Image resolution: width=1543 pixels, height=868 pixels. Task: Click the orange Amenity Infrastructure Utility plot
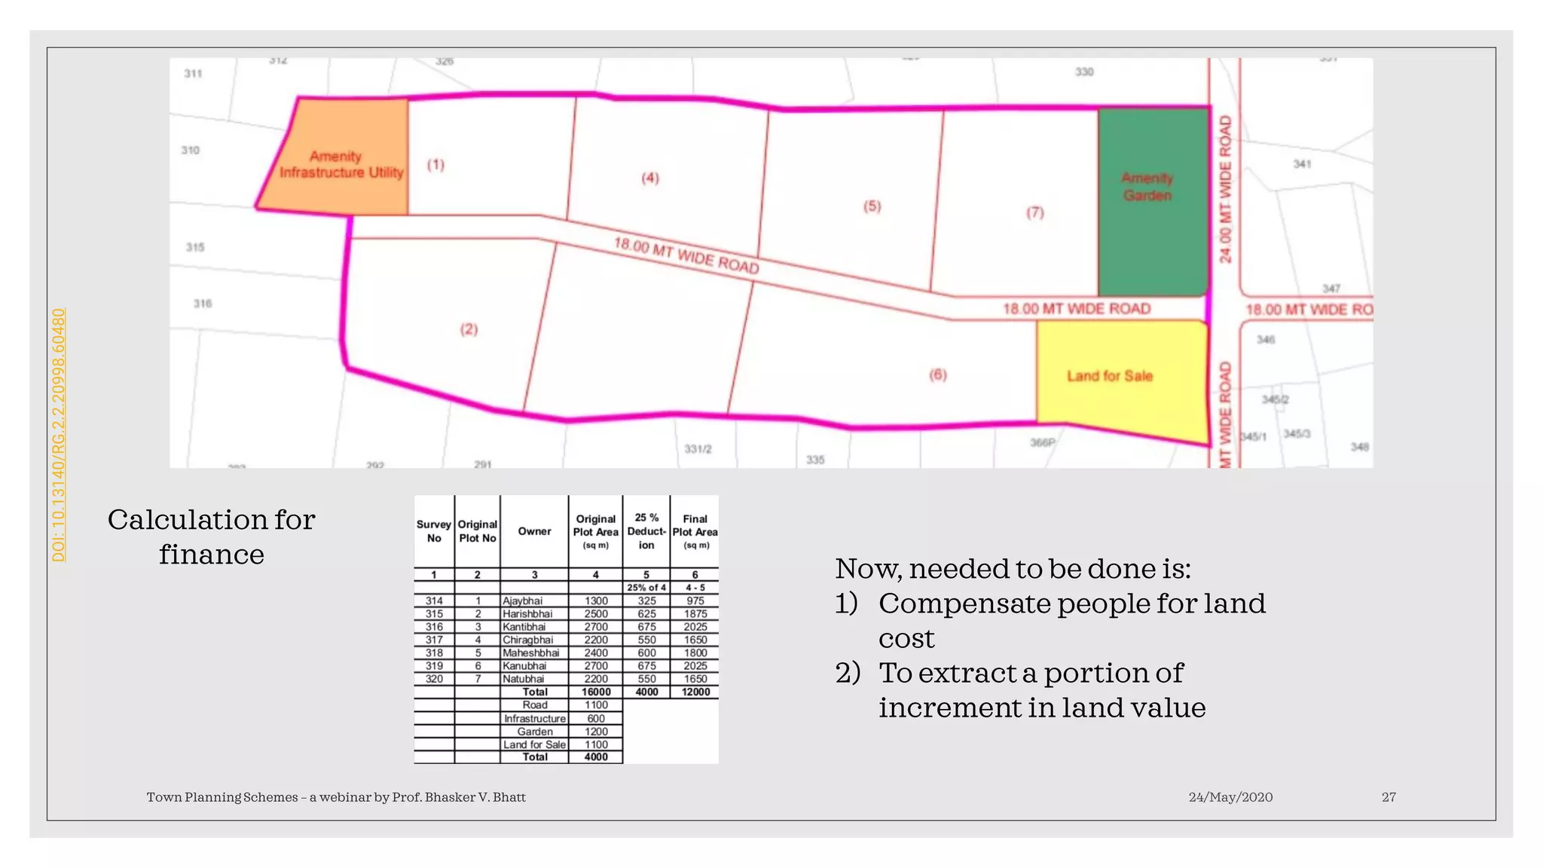pos(343,158)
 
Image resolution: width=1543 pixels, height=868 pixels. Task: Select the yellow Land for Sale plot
pos(1119,377)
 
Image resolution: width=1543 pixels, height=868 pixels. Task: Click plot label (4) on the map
pos(650,178)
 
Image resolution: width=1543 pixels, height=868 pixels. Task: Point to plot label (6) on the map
pos(938,374)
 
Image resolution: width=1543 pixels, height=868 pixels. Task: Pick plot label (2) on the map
pos(469,329)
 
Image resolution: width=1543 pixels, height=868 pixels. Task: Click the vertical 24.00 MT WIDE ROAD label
pos(1226,189)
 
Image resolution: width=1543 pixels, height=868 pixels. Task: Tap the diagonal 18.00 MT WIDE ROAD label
pos(686,255)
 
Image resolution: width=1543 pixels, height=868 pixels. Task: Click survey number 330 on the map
pos(1084,72)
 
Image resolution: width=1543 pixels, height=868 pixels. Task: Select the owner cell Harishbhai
pos(531,614)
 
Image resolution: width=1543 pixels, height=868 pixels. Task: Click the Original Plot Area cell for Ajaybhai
pos(596,601)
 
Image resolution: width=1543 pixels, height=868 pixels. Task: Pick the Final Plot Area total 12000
pos(695,692)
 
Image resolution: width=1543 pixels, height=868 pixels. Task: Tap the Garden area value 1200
pos(596,732)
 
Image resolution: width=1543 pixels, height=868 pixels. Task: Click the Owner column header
pos(534,531)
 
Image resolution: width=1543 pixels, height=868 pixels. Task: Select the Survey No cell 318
pos(434,653)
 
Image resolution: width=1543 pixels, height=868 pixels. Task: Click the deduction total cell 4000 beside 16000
pos(646,692)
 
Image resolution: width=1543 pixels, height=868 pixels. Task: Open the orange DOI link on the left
pos(59,435)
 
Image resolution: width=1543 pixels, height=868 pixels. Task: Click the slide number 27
pos(1389,797)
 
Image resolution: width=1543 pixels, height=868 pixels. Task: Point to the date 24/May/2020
pos(1230,797)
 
